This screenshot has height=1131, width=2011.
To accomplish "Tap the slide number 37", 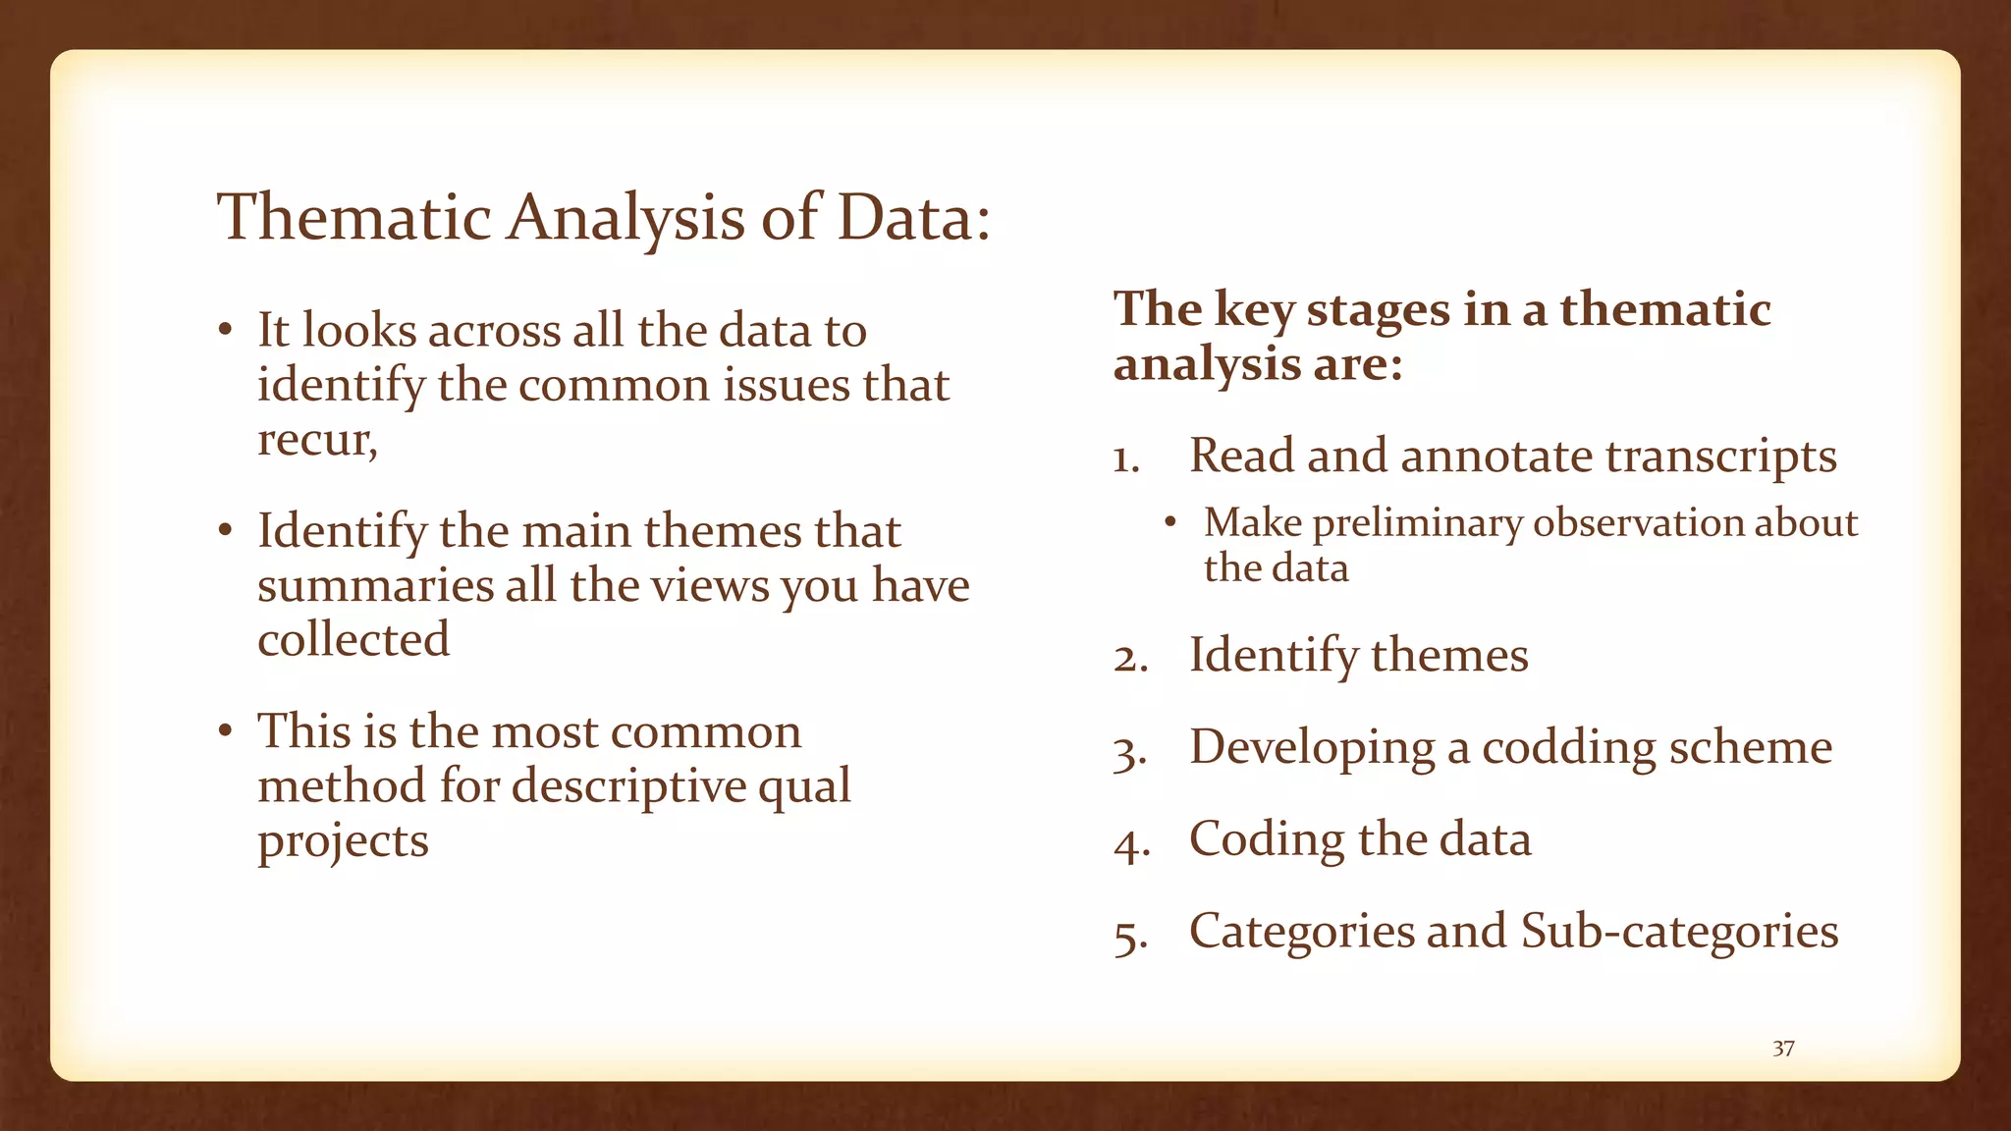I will (x=1783, y=1049).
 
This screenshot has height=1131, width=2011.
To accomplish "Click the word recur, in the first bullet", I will (x=317, y=439).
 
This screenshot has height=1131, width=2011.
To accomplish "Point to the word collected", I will (x=353, y=639).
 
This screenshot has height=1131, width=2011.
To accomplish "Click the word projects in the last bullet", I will (x=343, y=840).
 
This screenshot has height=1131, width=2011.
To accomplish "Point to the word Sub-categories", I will (x=1679, y=931).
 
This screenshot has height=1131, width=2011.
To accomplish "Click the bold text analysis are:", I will (x=1258, y=364).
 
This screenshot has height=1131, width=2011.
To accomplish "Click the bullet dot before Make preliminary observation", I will (x=1169, y=522).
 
